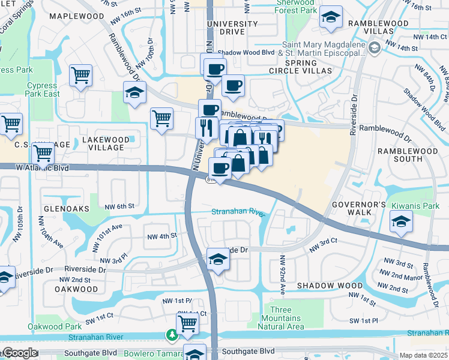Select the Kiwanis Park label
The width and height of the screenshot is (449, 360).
pyautogui.click(x=415, y=205)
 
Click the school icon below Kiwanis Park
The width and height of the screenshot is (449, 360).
pyautogui.click(x=401, y=222)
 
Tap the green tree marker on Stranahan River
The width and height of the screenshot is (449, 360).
pyautogui.click(x=172, y=334)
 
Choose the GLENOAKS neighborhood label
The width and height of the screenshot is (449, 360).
pyautogui.click(x=66, y=208)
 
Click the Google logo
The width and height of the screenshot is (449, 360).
pyautogui.click(x=20, y=353)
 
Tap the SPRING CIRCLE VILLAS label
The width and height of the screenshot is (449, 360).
pyautogui.click(x=309, y=66)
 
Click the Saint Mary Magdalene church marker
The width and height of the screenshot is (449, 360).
pyautogui.click(x=375, y=47)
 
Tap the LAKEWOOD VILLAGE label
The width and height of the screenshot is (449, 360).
pyautogui.click(x=105, y=143)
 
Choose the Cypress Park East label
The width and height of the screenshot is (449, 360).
pyautogui.click(x=43, y=89)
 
